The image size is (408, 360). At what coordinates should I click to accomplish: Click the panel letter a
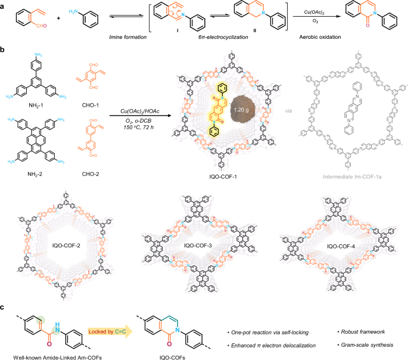pyautogui.click(x=4, y=5)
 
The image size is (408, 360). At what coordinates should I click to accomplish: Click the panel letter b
pyautogui.click(x=4, y=51)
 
